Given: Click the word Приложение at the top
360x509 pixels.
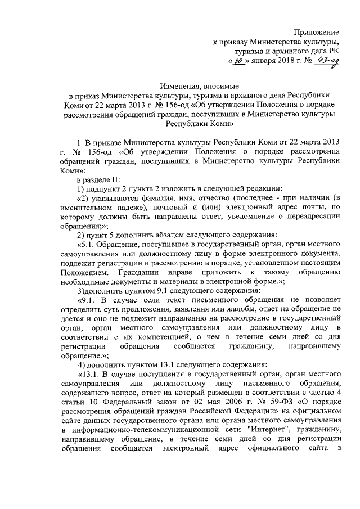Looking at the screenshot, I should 318,34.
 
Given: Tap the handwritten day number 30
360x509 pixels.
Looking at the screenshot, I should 223,62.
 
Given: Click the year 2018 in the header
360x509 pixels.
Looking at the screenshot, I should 277,62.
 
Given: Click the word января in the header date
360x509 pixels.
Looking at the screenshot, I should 251,62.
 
